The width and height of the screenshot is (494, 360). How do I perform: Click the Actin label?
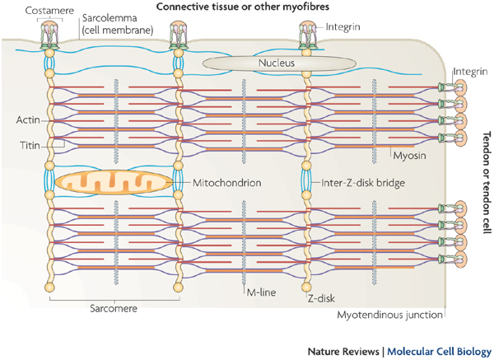pos(27,120)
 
